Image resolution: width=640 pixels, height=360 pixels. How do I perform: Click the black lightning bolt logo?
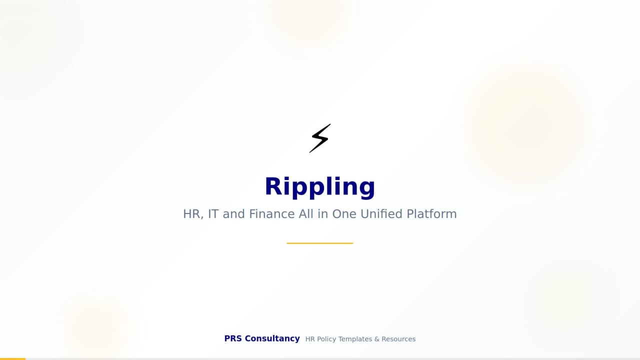coord(320,138)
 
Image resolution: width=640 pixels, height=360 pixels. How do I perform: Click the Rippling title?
coord(320,186)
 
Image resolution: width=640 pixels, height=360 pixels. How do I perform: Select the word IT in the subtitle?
coord(213,214)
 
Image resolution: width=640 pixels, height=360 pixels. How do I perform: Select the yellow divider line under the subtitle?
coord(320,243)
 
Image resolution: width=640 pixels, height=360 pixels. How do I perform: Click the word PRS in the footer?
coord(233,338)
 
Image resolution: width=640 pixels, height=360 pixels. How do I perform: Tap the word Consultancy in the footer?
coord(272,338)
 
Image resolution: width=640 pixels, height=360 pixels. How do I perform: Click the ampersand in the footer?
coord(377,339)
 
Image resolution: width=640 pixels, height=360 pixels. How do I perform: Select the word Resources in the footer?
coord(398,339)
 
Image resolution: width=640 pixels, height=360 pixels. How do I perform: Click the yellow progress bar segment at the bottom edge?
coord(12,358)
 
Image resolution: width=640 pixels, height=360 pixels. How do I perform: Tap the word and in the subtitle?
coord(234,214)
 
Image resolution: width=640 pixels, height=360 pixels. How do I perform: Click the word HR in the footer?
coord(310,339)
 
